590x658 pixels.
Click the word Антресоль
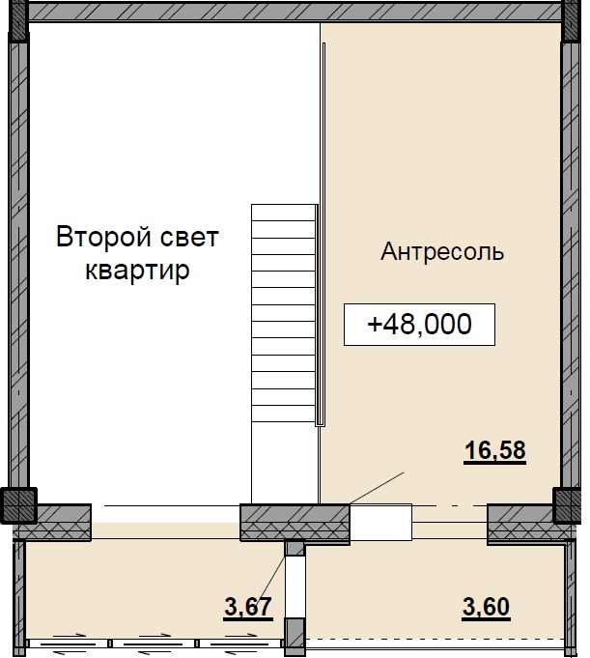pos(442,253)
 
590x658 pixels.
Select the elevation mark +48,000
pos(420,325)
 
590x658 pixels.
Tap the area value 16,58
pos(494,450)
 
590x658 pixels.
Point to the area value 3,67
pos(248,608)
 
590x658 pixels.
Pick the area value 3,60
pos(486,608)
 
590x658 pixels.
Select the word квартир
pos(137,271)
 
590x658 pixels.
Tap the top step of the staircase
pos(284,213)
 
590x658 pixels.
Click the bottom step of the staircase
pos(284,415)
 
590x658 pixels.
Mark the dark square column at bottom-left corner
pos(16,504)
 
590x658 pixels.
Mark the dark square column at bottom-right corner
pos(569,504)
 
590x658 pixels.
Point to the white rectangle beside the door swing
pos(379,523)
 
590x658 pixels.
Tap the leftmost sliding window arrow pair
pos(67,642)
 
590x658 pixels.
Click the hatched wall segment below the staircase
pos(294,523)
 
